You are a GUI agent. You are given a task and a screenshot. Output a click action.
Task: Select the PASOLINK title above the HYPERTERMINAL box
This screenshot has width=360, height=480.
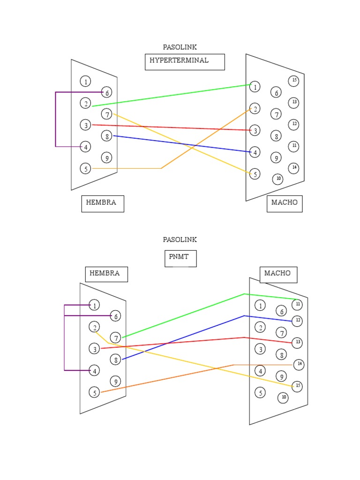point(180,47)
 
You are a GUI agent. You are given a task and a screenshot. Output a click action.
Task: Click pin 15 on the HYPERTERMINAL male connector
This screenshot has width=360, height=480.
point(293,81)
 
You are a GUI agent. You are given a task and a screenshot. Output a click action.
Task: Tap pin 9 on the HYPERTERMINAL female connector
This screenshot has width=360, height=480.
point(107,158)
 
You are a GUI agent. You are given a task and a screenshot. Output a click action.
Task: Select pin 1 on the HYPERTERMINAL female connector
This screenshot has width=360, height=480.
point(85,82)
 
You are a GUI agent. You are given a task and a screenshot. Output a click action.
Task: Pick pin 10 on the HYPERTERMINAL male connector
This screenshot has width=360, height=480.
point(277,179)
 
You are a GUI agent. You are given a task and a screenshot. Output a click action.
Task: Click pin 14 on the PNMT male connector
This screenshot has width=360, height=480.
point(299,364)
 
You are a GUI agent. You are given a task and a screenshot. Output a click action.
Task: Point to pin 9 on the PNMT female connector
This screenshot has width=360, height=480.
point(115,382)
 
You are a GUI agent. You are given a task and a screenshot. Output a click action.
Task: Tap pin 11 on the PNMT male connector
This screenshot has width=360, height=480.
point(297,305)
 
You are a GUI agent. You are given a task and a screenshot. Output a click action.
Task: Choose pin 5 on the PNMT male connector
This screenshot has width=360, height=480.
point(260,393)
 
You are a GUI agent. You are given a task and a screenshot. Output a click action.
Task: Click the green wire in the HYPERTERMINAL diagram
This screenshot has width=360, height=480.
point(172,96)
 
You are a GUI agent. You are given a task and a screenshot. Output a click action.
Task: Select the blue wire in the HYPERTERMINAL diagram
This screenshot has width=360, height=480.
point(182,143)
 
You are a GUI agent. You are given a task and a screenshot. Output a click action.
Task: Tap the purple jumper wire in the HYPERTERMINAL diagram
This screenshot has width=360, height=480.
point(55,120)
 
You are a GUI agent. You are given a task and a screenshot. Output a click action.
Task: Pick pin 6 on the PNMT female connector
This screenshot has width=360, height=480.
point(115,316)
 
